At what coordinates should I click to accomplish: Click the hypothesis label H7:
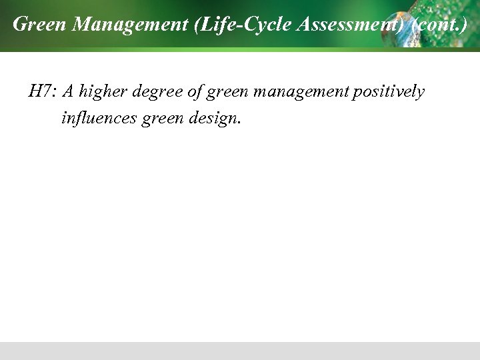coord(43,91)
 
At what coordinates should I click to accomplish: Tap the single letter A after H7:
coord(68,91)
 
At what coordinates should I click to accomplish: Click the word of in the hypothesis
coord(195,92)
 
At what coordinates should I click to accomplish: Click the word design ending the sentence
coord(213,119)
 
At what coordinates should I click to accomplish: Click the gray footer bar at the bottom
coord(240,351)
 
